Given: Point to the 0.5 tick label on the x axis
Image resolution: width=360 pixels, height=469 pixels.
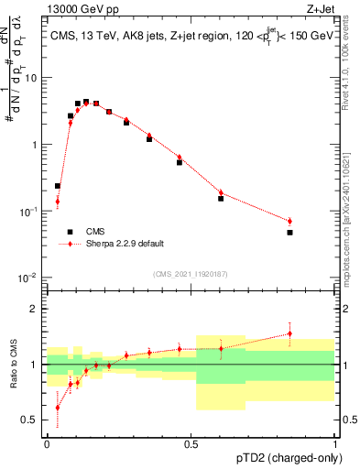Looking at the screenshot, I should (191, 442).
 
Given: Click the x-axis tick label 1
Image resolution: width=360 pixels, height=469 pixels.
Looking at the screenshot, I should (335, 442).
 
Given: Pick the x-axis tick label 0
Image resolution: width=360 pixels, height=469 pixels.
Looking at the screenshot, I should (48, 442).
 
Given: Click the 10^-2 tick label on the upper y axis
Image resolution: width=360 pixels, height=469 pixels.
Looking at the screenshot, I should (30, 278).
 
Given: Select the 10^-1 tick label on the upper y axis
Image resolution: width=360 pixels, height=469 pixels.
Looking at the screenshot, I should (30, 211).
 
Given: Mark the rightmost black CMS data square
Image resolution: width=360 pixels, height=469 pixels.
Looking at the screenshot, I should (289, 233).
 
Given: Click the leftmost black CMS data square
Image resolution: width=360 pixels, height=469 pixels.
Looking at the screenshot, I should (58, 186).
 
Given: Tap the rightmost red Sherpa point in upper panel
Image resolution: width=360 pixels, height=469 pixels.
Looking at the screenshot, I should (289, 221).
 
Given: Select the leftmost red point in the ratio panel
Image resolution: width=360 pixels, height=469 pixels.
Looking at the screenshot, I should (58, 408).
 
